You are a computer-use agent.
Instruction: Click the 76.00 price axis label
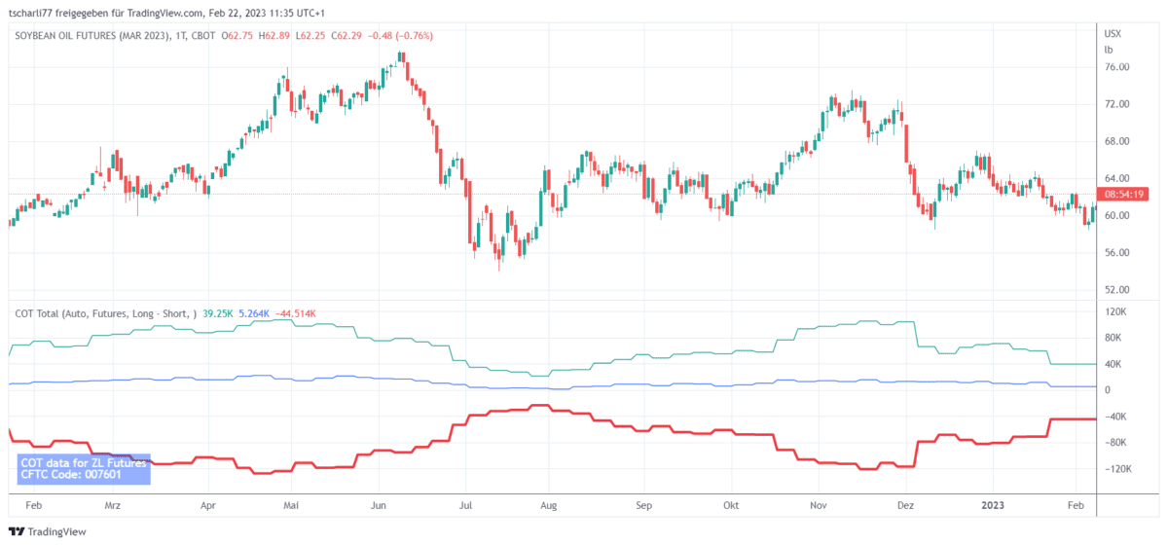coord(1116,67)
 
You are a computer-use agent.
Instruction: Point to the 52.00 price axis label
coord(1116,290)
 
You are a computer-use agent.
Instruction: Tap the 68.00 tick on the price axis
coord(1116,141)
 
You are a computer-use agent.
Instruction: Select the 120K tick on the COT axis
coord(1115,312)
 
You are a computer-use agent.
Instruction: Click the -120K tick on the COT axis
coord(1116,469)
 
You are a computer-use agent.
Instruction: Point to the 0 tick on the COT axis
coord(1108,390)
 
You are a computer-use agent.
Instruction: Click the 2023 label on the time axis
coord(993,506)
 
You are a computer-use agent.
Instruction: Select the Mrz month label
coord(113,506)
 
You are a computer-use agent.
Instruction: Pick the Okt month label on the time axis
coord(732,506)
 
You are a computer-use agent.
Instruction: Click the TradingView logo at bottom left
coord(48,531)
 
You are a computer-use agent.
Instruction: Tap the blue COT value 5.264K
coord(255,313)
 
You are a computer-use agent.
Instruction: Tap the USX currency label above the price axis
coord(1113,34)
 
